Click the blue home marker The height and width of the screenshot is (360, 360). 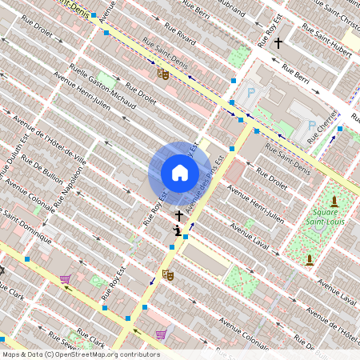click(x=179, y=173)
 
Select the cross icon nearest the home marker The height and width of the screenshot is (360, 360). click(x=179, y=216)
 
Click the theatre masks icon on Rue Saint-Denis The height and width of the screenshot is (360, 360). click(x=163, y=74)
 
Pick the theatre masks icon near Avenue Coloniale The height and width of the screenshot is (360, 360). click(x=168, y=274)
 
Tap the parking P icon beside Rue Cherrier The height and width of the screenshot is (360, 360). click(x=311, y=125)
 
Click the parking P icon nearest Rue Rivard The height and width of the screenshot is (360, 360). click(x=251, y=93)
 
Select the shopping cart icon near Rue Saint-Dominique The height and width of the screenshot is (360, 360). click(x=66, y=279)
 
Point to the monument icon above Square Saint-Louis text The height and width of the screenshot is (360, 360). click(x=334, y=200)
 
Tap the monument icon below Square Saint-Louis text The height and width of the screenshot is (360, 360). click(x=309, y=259)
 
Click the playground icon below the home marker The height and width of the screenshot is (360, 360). click(x=177, y=232)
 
